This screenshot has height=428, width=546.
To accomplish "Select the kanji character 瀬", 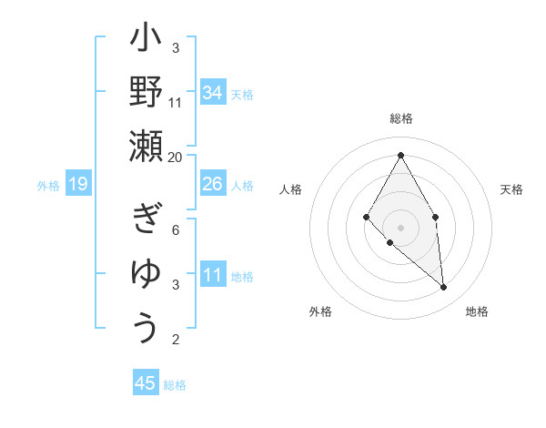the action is point(147,146).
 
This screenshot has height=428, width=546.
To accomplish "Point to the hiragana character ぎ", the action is point(147,219).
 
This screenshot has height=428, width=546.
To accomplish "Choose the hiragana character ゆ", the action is point(147,273).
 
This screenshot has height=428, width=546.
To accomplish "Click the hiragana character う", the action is point(147,328).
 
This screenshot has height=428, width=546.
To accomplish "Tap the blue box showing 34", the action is point(213,93).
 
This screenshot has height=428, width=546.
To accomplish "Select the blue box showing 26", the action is point(213,184).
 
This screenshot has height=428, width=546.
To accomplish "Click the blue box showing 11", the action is point(213,275).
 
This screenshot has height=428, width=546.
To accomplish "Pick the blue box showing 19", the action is point(78,184).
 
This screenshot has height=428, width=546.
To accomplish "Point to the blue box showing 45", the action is point(146,383).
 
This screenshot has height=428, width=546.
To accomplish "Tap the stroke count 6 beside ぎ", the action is point(176,229).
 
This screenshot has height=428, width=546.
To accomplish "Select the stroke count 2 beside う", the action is point(176,340).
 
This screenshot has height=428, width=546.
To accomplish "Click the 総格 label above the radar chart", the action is point(400,118).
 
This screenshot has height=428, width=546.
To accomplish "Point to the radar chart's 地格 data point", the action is point(444,288).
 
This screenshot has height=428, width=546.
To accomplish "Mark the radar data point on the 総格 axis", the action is point(400,155).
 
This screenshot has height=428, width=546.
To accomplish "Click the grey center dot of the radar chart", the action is point(400,227).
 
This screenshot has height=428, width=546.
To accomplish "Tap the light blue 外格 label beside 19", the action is point(48,186).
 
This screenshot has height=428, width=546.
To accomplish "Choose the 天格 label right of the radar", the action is point(511,189).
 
